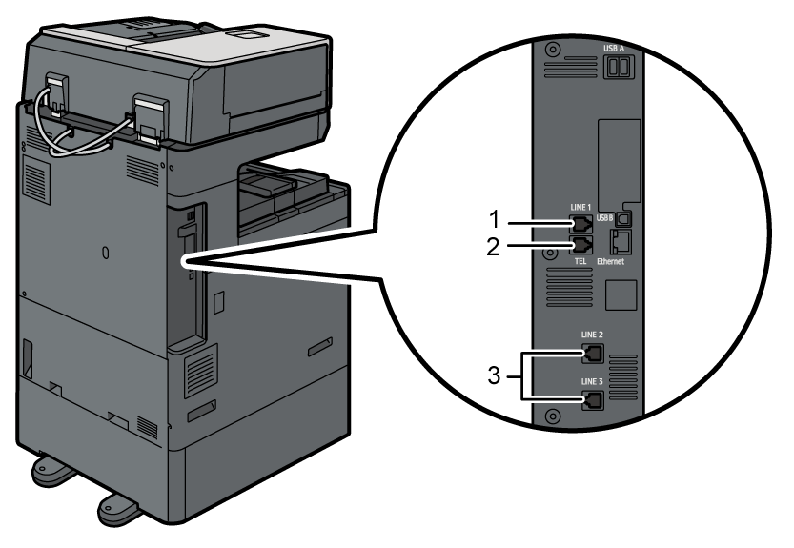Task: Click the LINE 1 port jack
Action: point(579,225)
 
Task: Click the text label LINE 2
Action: point(590,335)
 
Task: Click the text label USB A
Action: point(614,46)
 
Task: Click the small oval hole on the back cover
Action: point(105,253)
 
